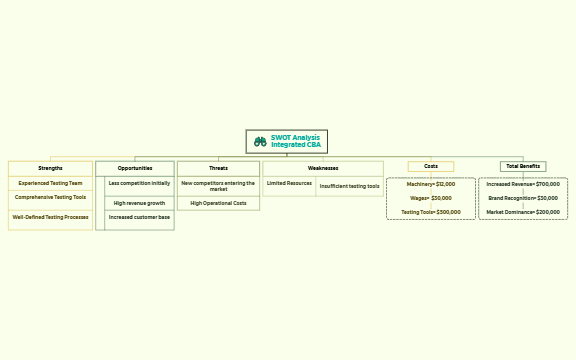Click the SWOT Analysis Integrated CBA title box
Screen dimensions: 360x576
(x=287, y=141)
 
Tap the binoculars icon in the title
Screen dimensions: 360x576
(x=260, y=142)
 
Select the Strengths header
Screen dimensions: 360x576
(x=50, y=168)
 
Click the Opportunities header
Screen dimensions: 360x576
(x=134, y=168)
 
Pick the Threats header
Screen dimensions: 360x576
(x=218, y=168)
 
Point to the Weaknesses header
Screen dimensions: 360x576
(x=322, y=168)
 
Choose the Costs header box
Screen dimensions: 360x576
(x=430, y=166)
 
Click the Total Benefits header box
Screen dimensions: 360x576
(x=523, y=166)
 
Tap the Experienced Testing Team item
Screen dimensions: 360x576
(x=50, y=183)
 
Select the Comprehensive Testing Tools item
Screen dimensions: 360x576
(x=50, y=197)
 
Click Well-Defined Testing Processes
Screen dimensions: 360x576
(x=50, y=216)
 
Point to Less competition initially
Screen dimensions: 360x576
(x=139, y=183)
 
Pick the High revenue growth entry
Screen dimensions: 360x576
(x=139, y=203)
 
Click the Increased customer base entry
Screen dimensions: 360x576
(x=139, y=217)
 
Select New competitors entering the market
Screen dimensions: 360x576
(x=218, y=186)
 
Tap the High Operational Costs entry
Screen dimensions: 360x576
(x=218, y=203)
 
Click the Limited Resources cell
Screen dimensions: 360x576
(x=289, y=183)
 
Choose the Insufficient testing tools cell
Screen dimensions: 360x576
(x=349, y=186)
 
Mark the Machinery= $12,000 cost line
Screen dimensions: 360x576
(x=430, y=184)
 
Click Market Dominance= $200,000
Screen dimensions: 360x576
(x=523, y=212)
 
